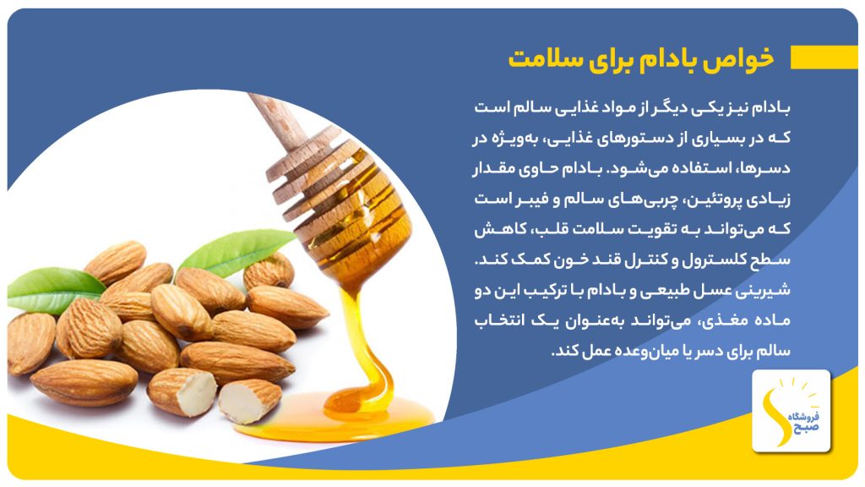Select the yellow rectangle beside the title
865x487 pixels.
pyautogui.click(x=824, y=57)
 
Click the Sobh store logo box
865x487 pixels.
pyautogui.click(x=791, y=411)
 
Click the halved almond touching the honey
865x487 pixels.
pyautogui.click(x=249, y=401)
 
